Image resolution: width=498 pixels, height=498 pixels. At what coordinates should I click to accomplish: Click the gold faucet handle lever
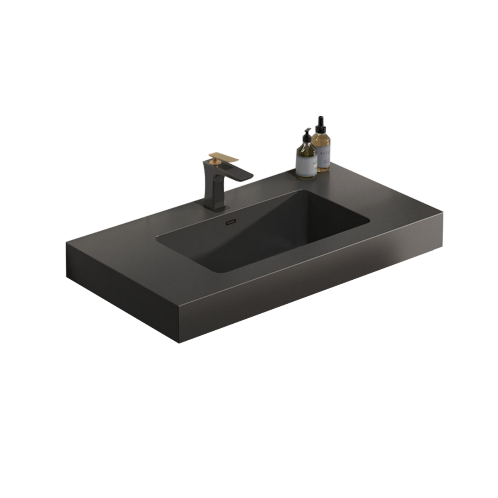224,158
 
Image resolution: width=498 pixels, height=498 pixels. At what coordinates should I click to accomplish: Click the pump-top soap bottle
306,158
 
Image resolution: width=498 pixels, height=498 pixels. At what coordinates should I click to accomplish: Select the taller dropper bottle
321,147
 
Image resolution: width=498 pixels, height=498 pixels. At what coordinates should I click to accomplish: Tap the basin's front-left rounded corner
160,238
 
